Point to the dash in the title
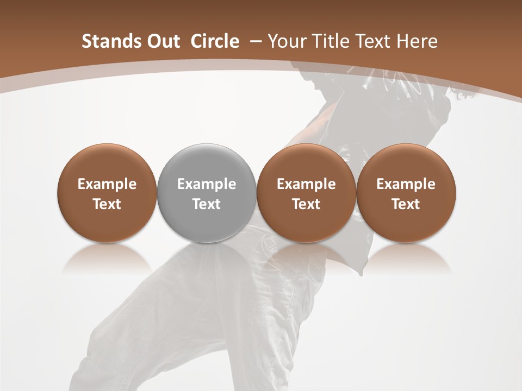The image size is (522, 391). tap(255, 41)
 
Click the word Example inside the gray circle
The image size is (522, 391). tap(207, 184)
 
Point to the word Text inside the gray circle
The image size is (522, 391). tap(207, 204)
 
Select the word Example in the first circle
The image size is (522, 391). tap(107, 184)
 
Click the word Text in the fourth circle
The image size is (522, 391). tap(406, 204)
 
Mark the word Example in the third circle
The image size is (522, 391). tap(306, 184)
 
